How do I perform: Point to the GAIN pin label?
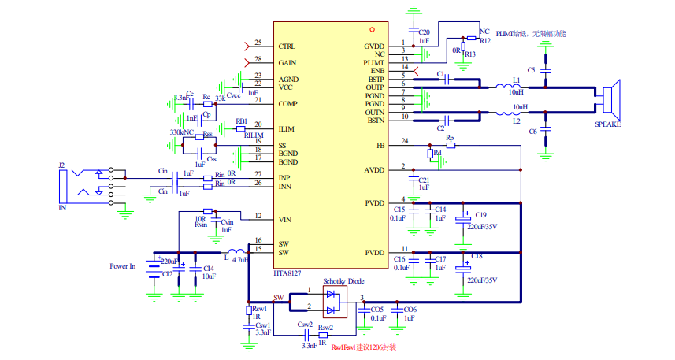[287, 62]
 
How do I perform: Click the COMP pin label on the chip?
[287, 103]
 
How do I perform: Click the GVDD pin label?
[374, 46]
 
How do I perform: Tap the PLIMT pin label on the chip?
[374, 62]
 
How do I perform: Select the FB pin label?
[380, 146]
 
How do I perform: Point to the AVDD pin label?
[374, 170]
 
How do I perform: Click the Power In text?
[122, 266]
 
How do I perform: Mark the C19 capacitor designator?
[480, 214]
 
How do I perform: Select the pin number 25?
[258, 43]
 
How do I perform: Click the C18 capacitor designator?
[478, 257]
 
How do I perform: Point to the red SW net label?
[278, 299]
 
